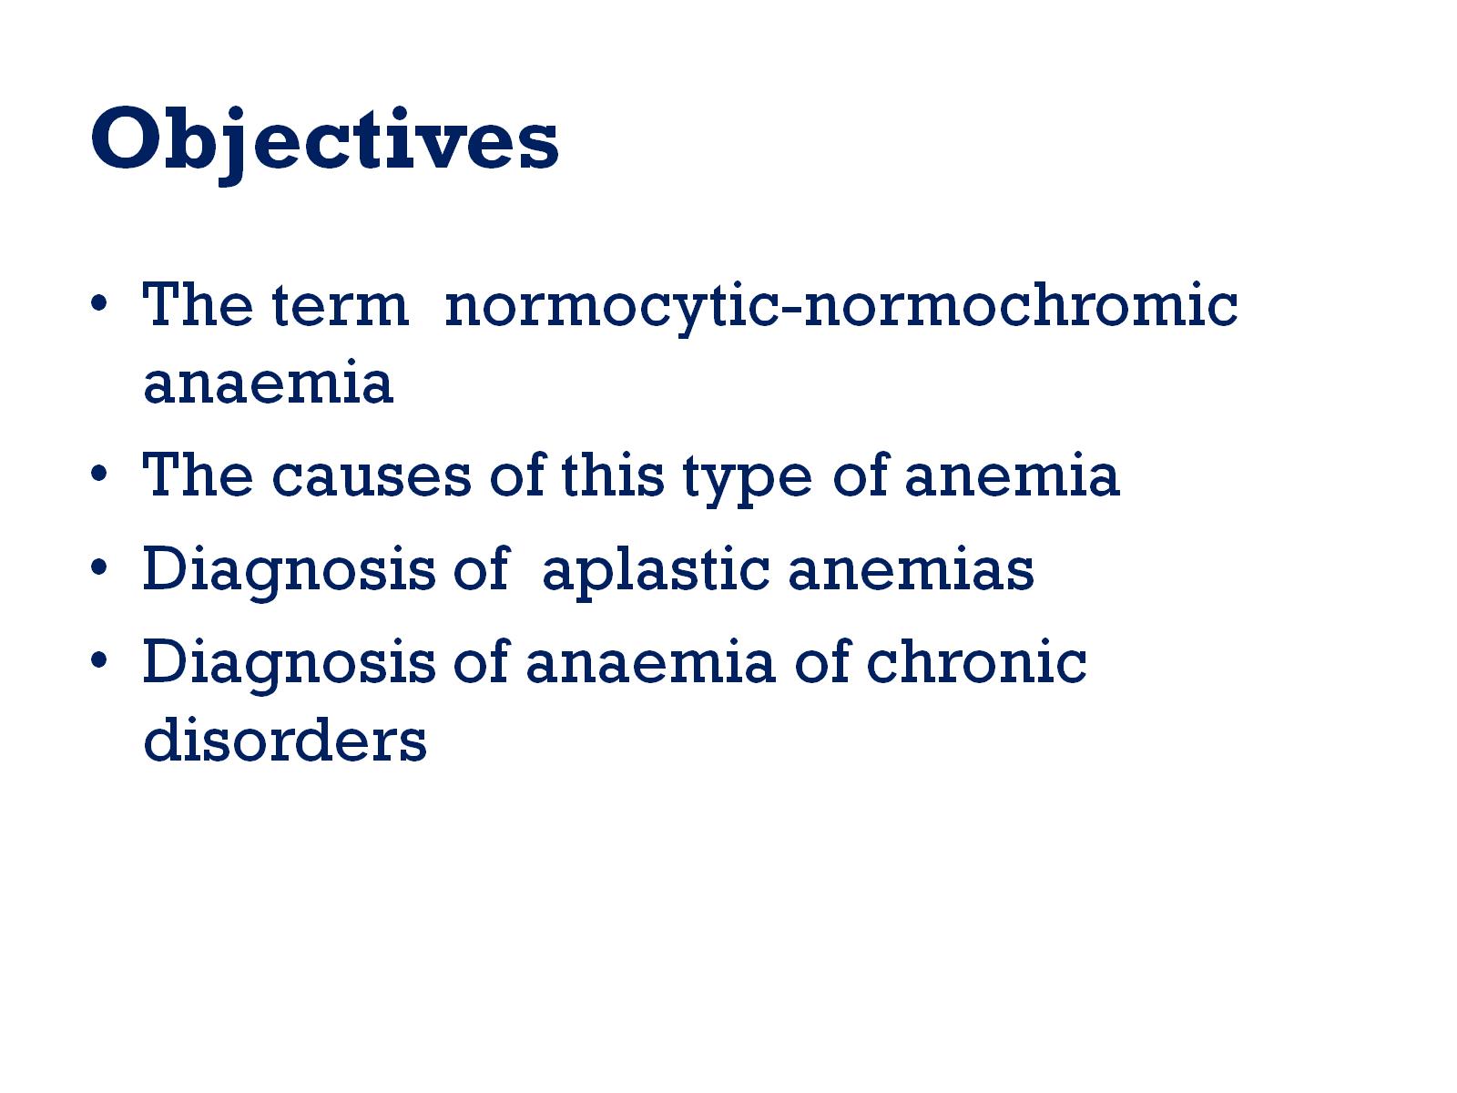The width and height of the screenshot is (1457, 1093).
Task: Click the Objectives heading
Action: (x=324, y=143)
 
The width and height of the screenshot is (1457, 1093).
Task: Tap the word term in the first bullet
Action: (x=341, y=305)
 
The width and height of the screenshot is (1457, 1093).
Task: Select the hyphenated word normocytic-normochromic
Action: (x=841, y=308)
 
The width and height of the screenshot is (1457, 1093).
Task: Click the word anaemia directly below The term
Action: (x=268, y=383)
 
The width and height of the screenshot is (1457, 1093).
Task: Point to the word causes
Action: (x=372, y=476)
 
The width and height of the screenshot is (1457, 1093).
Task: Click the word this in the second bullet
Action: (x=612, y=474)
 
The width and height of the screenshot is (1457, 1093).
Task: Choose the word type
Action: (x=748, y=479)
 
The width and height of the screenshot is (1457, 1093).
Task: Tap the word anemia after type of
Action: (x=1013, y=475)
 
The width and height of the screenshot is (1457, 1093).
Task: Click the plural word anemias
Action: (x=912, y=569)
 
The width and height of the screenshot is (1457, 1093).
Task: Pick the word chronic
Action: (x=976, y=661)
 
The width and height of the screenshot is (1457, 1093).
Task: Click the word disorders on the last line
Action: (x=285, y=739)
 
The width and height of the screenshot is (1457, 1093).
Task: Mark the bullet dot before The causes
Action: (x=99, y=474)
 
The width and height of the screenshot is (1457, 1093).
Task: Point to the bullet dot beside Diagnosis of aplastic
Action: (x=99, y=567)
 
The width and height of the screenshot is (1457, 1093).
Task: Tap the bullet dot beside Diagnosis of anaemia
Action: (x=99, y=660)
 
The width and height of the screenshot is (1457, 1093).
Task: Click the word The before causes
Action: (x=198, y=474)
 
